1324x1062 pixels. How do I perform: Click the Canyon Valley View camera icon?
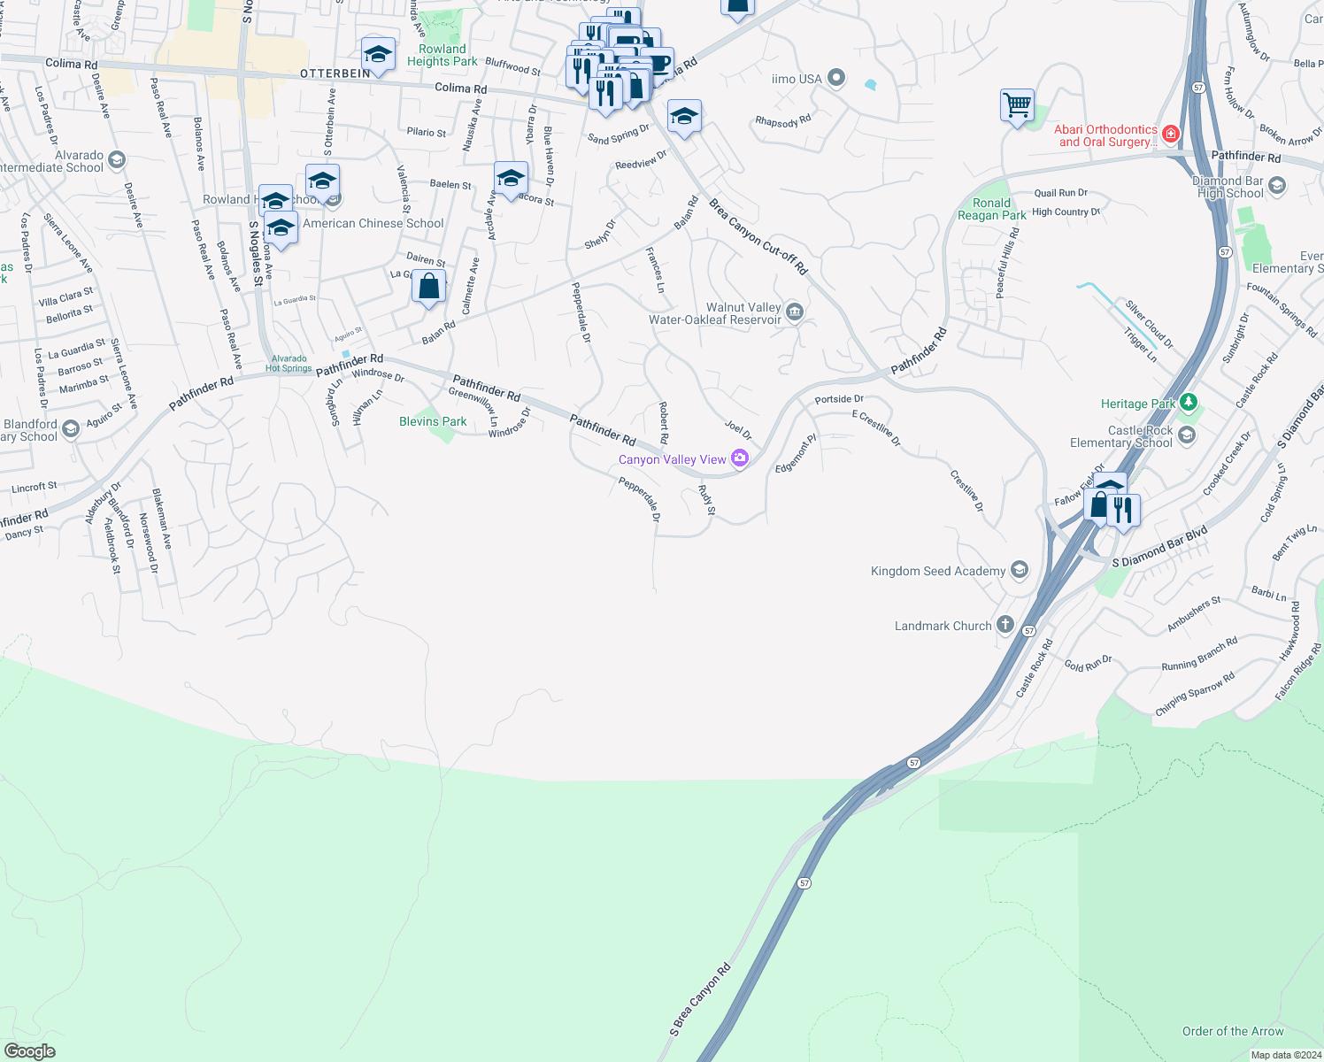[740, 458]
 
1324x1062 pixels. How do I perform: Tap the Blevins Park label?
[433, 422]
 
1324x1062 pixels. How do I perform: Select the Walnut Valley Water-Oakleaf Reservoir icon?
[794, 311]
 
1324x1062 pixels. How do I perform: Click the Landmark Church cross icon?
[1005, 625]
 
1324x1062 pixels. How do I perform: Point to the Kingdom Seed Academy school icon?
[1019, 570]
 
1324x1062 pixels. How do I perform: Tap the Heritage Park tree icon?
[1188, 404]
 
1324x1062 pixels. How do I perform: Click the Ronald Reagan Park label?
[992, 209]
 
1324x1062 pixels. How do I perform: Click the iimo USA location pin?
[835, 79]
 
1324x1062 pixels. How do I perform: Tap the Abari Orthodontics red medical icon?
[1170, 134]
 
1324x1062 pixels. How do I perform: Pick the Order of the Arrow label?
[1233, 1031]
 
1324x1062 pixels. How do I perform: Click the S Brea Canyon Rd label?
[700, 1000]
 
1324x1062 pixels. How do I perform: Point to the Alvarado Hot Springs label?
[289, 364]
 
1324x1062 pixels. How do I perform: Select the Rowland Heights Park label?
[442, 55]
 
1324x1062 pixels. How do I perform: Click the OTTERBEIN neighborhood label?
[335, 73]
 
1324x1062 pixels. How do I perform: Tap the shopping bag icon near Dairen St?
[428, 288]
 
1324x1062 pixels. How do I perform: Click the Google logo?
[30, 1050]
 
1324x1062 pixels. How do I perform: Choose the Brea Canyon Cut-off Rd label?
[758, 236]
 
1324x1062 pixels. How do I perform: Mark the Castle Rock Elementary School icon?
[1186, 435]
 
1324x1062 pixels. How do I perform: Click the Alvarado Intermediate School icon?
[116, 160]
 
